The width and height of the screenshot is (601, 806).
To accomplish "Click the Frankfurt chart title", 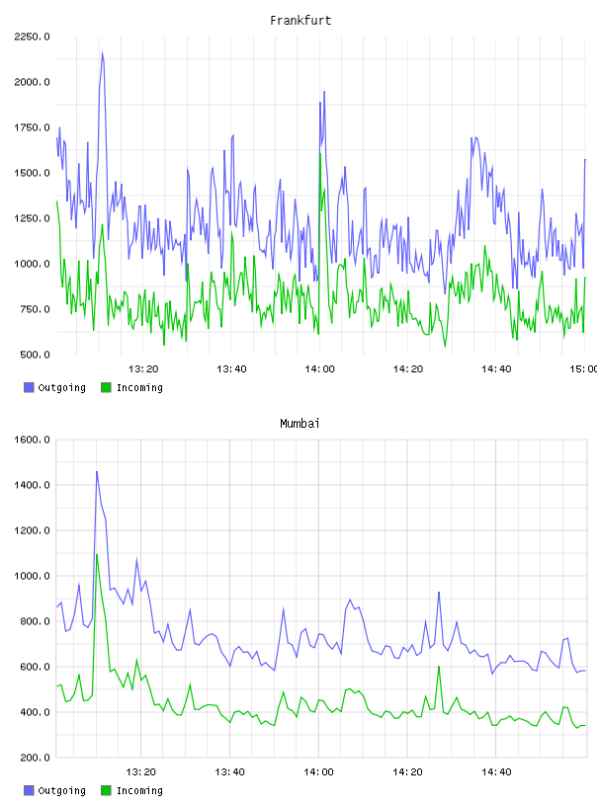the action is [x=300, y=21].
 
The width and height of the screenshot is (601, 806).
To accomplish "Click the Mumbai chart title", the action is [x=300, y=424].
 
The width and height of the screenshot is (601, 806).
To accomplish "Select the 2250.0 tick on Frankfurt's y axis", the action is [x=32, y=37].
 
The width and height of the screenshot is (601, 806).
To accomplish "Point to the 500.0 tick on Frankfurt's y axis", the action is [x=35, y=355].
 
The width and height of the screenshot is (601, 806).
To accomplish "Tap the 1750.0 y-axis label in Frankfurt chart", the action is [x=32, y=127].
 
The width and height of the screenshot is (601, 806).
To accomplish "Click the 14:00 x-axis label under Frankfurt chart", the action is [x=319, y=369].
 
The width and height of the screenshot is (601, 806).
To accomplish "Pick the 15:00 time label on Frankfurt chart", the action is [x=584, y=369].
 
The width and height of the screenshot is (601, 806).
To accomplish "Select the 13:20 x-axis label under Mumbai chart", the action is [x=140, y=772].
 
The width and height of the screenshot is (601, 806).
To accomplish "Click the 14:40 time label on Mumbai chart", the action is [x=496, y=772].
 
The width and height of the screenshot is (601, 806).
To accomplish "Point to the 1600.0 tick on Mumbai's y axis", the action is [x=32, y=440].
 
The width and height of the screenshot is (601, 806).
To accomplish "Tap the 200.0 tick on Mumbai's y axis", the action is [x=35, y=758].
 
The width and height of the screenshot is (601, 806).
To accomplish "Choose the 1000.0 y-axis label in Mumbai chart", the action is [x=32, y=576].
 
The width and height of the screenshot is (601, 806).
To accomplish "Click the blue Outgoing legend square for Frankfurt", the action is [x=29, y=387].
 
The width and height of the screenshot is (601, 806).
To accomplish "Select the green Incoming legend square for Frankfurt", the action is [x=106, y=387].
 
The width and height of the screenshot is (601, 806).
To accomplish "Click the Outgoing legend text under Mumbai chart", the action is [x=61, y=790].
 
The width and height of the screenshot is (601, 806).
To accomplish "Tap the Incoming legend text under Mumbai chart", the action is [x=139, y=790].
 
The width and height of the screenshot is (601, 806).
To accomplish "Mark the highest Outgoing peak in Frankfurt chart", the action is [x=103, y=52].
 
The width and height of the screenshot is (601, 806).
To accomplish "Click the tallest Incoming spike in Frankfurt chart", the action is [x=320, y=153].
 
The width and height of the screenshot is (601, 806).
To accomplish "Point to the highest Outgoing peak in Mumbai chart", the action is [x=97, y=471].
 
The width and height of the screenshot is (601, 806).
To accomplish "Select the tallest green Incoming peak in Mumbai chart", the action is [x=97, y=554].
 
